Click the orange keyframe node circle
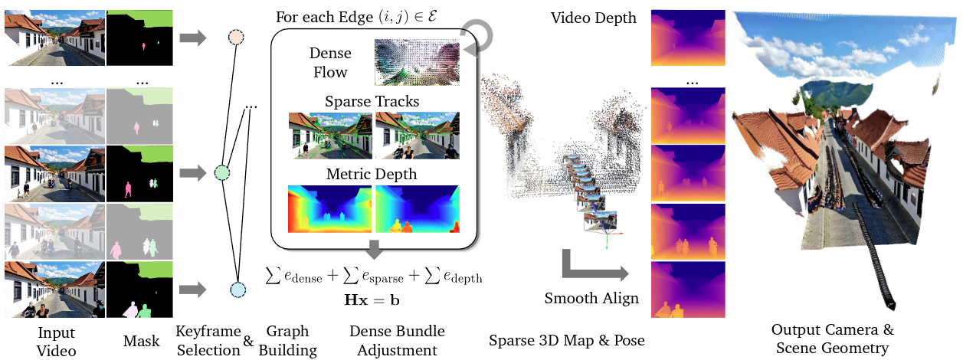tap(236, 37)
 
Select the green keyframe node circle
tap(222, 173)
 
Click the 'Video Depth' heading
tap(593, 17)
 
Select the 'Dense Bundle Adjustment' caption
tap(397, 341)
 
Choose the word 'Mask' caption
tap(141, 341)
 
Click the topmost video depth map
tap(687, 38)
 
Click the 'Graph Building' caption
tap(287, 341)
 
